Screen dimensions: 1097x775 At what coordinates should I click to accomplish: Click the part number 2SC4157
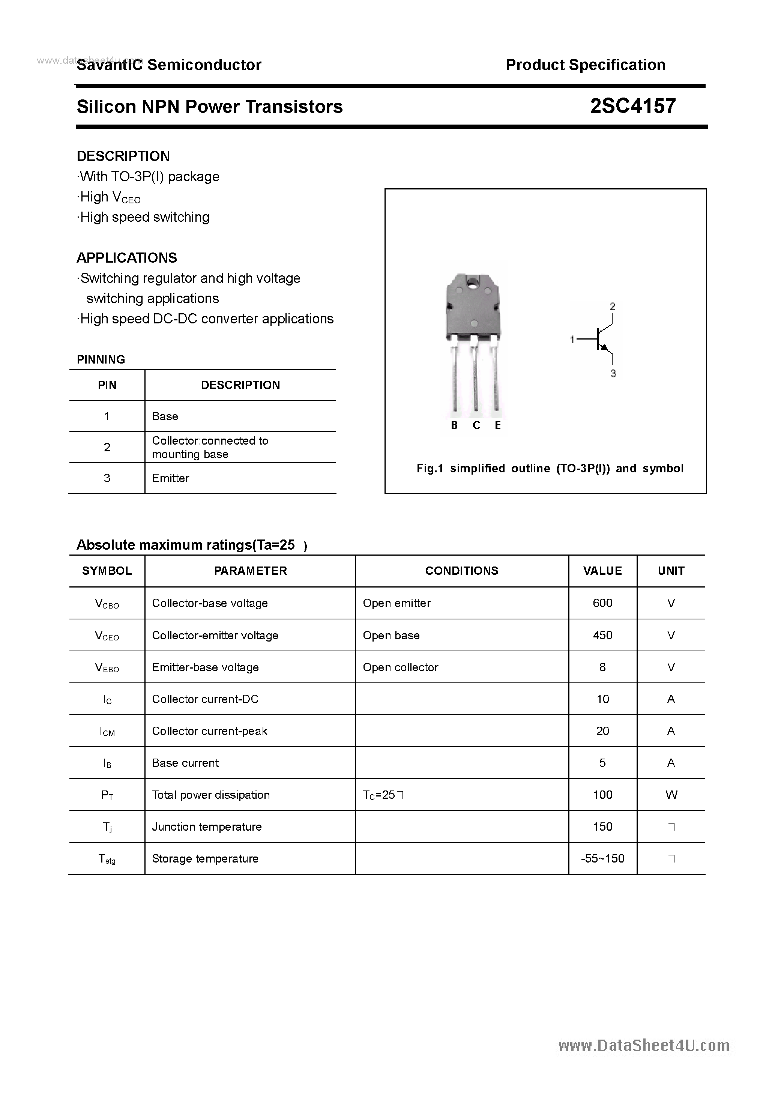pos(632,106)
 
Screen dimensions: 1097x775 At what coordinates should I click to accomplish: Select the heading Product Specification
pos(585,65)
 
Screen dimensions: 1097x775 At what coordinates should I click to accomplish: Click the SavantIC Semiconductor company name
pos(169,65)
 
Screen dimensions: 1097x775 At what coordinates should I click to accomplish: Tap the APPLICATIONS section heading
pos(127,258)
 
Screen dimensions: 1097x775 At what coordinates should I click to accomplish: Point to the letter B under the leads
pos(454,425)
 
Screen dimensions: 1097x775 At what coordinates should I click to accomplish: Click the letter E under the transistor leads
pos(497,425)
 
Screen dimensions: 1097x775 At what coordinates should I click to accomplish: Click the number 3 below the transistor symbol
pos(613,373)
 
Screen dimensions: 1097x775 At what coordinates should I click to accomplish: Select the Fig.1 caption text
pos(550,469)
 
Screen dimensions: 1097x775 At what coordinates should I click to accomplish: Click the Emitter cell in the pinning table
pos(171,478)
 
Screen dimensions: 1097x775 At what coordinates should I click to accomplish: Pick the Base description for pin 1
pos(165,416)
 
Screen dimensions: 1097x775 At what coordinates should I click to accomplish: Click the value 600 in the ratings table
pos(602,603)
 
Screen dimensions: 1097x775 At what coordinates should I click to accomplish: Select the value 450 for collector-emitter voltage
pos(602,636)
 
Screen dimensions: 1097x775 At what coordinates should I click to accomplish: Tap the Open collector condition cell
pos(400,667)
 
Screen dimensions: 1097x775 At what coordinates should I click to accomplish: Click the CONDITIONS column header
pos(461,571)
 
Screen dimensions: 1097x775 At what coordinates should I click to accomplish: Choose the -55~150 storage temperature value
pos(602,859)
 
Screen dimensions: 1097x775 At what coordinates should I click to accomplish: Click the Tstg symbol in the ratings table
pos(107,859)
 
